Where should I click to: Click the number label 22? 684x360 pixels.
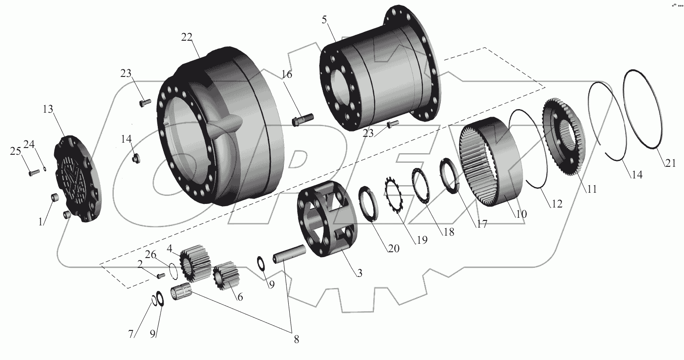[x=187, y=38]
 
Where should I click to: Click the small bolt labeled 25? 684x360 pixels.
[x=33, y=173]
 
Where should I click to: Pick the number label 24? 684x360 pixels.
[x=29, y=144]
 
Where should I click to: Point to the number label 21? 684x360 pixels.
[x=670, y=164]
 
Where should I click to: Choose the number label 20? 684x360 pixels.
[x=393, y=248]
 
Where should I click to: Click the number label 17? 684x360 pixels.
[x=481, y=224]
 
